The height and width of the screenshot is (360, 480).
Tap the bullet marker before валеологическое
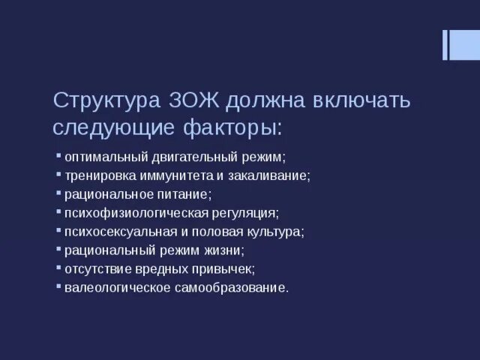click(58, 285)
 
